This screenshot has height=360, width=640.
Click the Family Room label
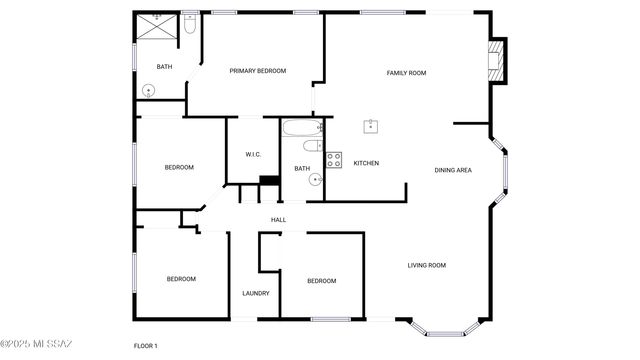[x=407, y=73]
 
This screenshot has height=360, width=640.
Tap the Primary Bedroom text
[x=258, y=71]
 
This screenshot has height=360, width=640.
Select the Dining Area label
[x=453, y=170]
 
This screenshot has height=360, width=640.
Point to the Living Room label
[x=426, y=265]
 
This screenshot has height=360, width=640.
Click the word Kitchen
[x=366, y=163]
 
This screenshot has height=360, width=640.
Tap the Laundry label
[x=255, y=293]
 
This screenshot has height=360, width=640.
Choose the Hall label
[x=279, y=220]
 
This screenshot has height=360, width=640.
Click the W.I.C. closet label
[x=253, y=154]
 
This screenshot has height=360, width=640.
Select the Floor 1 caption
[x=146, y=346]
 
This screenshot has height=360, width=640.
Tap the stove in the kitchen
[x=335, y=159]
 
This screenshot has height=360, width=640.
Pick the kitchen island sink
[x=371, y=126]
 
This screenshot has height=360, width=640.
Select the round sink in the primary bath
[x=149, y=89]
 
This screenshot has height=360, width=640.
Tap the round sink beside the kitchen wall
[x=315, y=180]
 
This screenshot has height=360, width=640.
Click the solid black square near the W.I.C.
[x=268, y=182]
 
